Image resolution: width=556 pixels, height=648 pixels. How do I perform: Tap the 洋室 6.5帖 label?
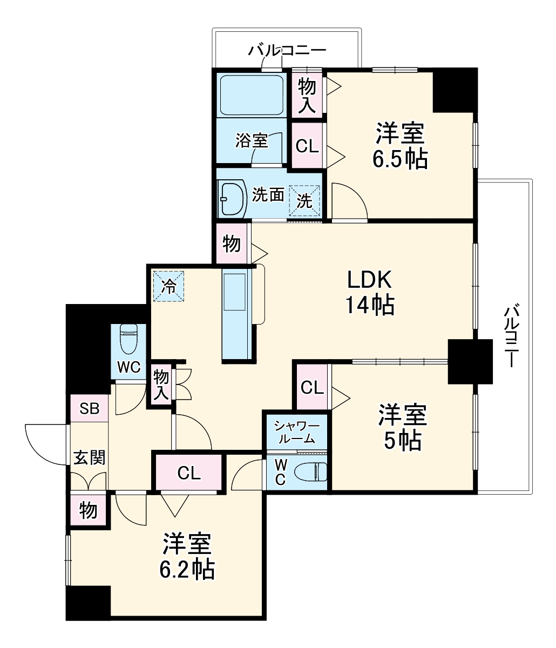click(400, 145)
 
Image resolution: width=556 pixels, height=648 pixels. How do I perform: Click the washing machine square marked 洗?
click(304, 200)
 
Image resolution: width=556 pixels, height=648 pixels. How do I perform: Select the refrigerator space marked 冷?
click(168, 285)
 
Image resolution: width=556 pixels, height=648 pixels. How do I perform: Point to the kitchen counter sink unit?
click(235, 313)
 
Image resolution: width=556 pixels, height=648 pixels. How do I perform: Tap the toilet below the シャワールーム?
click(314, 472)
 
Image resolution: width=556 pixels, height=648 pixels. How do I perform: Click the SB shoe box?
click(90, 408)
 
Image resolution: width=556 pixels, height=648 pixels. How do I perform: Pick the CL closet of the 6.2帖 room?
click(189, 473)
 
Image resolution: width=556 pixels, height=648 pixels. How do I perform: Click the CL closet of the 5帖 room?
click(311, 387)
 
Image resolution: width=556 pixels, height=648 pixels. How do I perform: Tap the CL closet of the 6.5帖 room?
click(307, 146)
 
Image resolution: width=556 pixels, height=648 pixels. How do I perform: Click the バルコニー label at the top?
click(287, 51)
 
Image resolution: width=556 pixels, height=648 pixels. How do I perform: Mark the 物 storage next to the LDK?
click(232, 244)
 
